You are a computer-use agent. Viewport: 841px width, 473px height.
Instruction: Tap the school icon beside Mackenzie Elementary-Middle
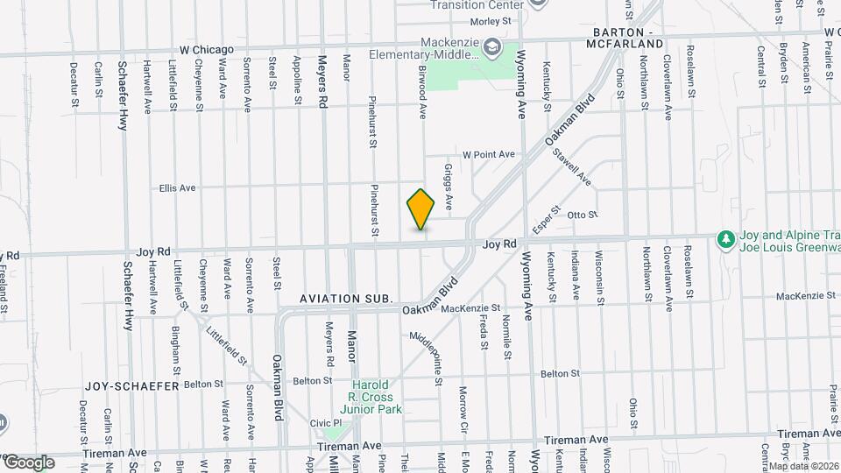[493, 46]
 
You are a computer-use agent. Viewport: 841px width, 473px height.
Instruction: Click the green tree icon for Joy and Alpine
[724, 239]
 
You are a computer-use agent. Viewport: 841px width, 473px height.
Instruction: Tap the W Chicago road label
[207, 49]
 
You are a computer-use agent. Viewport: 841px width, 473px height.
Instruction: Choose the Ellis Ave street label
[177, 187]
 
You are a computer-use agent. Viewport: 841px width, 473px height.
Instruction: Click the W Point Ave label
[489, 154]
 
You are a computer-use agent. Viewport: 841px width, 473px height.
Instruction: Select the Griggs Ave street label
[448, 186]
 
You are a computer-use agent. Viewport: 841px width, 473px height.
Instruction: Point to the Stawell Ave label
[572, 167]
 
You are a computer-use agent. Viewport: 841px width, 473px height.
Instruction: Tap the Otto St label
[582, 215]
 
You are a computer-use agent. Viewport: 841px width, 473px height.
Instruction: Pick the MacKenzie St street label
[470, 308]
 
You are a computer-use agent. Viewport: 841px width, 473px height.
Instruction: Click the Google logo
[29, 462]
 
